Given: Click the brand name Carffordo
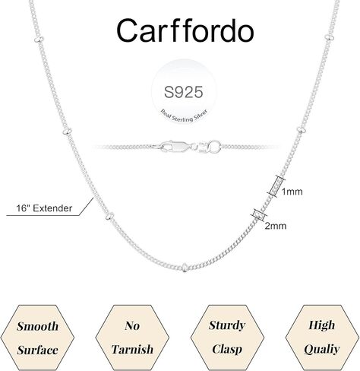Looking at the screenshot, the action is [185, 31].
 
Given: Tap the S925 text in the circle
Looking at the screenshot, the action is [184, 92].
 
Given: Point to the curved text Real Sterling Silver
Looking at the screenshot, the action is [184, 116].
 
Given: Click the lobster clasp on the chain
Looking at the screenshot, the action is [175, 147].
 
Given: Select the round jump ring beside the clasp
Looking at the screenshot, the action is [214, 146].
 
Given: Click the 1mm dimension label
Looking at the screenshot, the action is [292, 192].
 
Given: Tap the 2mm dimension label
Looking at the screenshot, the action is [276, 226].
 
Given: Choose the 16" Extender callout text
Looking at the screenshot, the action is [44, 208].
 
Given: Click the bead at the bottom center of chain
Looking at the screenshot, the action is [185, 268].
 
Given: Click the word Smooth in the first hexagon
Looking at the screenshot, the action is [37, 326].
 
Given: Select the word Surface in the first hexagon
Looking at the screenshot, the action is [37, 350].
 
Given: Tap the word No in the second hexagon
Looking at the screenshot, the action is [132, 325].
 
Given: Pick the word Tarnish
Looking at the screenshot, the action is [132, 350].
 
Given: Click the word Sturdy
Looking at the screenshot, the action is [227, 325].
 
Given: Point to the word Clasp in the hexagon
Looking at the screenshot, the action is [227, 350].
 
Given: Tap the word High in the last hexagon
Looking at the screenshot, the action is [322, 325].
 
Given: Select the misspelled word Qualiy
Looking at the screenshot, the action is [322, 350].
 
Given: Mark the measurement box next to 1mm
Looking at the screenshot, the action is [276, 186].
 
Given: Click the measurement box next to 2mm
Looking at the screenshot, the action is [259, 215].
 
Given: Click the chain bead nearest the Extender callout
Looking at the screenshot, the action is [109, 216].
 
